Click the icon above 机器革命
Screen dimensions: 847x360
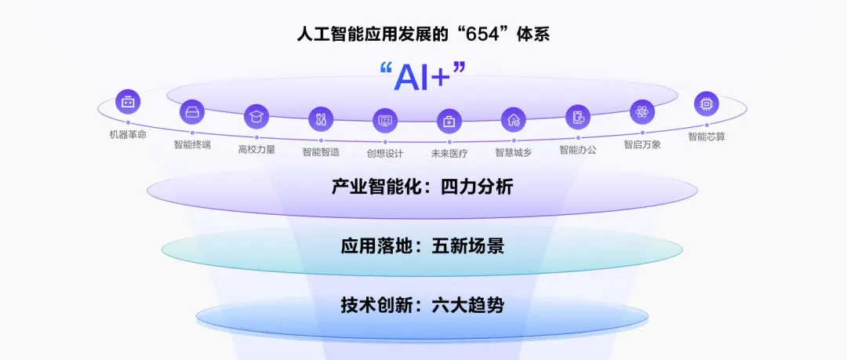[x=128, y=102]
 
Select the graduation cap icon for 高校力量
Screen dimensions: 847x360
[x=256, y=117]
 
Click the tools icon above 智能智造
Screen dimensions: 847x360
[x=321, y=119]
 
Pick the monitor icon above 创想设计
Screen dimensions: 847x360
[x=385, y=121]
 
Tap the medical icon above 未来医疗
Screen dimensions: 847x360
[x=449, y=121]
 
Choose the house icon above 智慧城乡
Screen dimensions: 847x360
[x=514, y=119]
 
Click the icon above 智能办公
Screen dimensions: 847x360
[x=578, y=117]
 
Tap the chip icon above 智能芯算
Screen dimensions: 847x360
[x=707, y=104]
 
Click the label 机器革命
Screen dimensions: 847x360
[x=128, y=134]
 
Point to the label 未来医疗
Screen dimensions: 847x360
[x=449, y=152]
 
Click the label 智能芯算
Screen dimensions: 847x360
[x=707, y=136]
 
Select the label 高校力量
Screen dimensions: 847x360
[x=256, y=148]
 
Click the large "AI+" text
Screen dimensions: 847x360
[x=422, y=77]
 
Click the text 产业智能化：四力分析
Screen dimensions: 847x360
[x=423, y=187]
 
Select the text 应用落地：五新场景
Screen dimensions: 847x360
[x=423, y=246]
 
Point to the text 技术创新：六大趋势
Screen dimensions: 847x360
[x=423, y=305]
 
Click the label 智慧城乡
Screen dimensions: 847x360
[x=514, y=151]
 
